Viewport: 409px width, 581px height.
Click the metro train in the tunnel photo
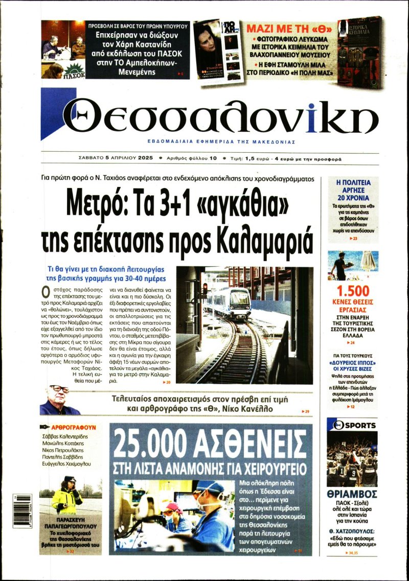tap(233, 302)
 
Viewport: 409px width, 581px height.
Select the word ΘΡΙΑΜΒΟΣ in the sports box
tap(352, 494)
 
